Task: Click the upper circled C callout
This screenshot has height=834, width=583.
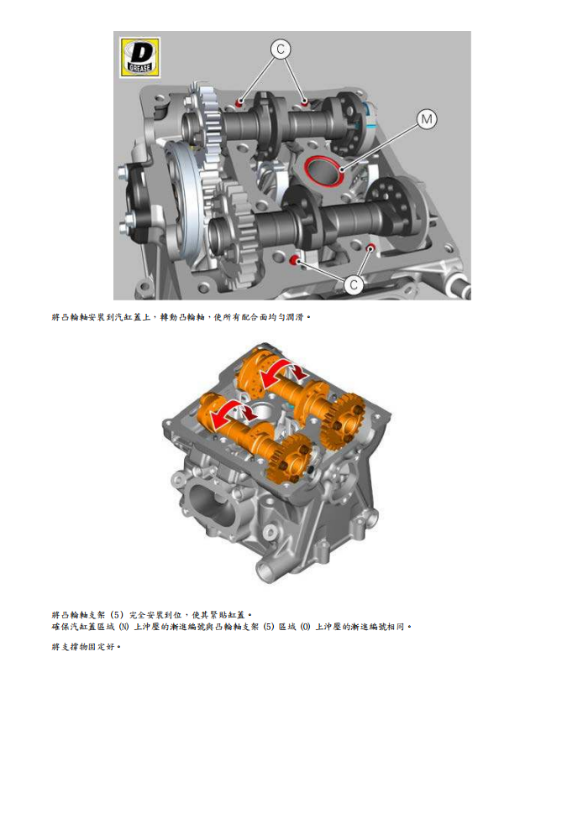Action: [x=280, y=50]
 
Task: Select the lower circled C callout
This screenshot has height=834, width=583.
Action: [x=354, y=284]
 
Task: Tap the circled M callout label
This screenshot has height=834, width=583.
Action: [x=428, y=120]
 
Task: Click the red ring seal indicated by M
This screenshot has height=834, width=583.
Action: [x=323, y=169]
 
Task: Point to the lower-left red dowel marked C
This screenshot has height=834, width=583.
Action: [x=295, y=262]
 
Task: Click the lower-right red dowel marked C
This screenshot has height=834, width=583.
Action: [x=371, y=247]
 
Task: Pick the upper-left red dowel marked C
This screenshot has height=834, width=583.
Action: [x=240, y=103]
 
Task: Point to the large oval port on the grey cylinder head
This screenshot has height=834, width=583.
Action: [x=205, y=508]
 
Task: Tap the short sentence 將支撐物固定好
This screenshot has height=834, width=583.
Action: [x=86, y=647]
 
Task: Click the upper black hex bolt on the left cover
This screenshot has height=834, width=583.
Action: [x=124, y=175]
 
